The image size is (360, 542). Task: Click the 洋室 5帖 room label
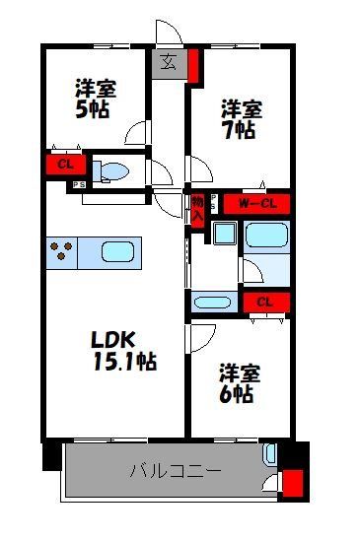96,97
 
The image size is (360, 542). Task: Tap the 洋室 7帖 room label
239,117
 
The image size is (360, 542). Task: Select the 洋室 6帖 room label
239,383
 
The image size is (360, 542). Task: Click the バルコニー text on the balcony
175,471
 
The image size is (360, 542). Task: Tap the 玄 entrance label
169,63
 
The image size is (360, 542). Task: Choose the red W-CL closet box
255,203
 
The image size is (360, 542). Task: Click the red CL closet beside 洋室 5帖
64,165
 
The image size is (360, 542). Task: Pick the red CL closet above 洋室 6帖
264,303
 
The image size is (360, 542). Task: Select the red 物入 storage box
197,208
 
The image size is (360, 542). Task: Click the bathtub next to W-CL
265,236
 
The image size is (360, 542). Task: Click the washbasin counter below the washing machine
213,303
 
